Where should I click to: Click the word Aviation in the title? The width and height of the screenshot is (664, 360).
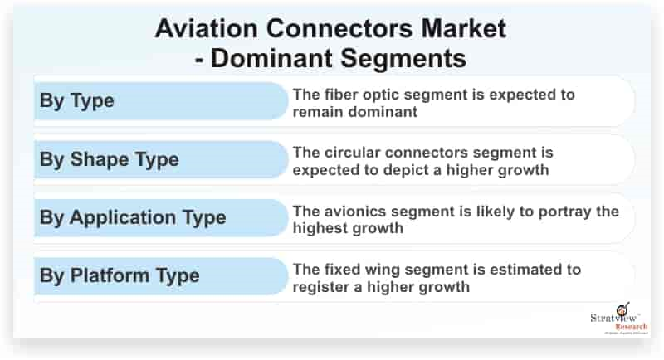[206, 28]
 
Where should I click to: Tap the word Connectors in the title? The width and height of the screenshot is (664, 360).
[339, 28]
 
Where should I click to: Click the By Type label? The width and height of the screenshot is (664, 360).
[76, 101]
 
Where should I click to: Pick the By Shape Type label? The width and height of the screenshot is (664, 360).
[110, 159]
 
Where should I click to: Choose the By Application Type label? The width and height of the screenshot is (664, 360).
[133, 218]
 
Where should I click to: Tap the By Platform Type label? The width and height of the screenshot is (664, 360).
[120, 276]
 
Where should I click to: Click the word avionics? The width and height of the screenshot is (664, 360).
[354, 211]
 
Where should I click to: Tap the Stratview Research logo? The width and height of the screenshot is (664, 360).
[619, 319]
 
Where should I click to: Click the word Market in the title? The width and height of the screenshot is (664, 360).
[464, 28]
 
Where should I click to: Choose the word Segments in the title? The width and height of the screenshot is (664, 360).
[403, 58]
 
